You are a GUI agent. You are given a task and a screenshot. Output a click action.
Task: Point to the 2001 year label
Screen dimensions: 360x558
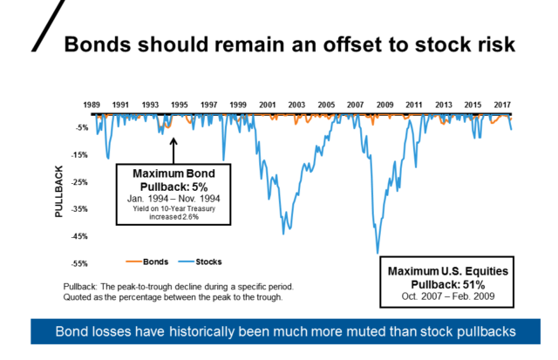[268, 105]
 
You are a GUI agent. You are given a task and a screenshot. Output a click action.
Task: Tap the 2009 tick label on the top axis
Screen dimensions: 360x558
[385, 105]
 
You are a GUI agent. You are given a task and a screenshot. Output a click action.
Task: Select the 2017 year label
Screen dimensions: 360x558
[502, 105]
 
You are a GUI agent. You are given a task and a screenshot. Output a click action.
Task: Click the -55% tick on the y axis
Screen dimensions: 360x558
[79, 263]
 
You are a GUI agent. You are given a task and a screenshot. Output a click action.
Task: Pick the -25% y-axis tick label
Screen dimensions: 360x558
[79, 182]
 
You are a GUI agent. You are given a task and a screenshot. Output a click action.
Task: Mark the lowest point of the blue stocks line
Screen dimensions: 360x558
[377, 252]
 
